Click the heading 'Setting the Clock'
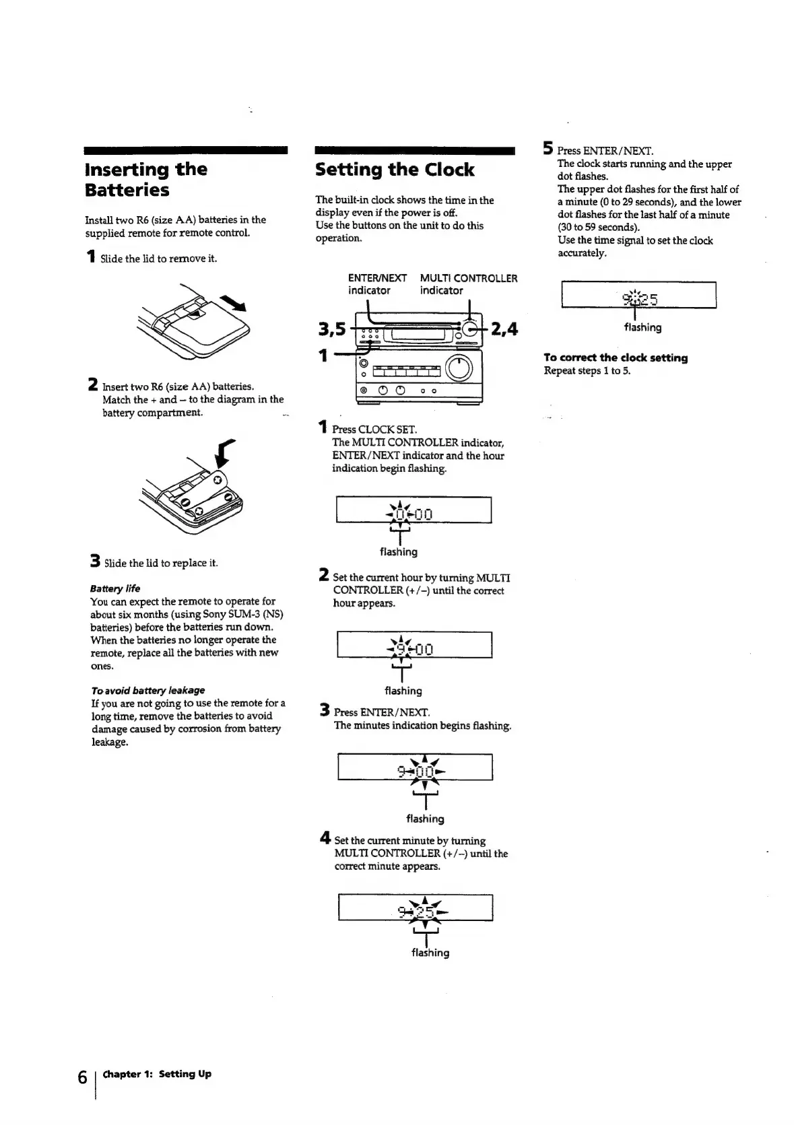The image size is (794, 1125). point(395,170)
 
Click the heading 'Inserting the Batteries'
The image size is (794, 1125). point(146,179)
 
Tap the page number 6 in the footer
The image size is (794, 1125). point(81,1077)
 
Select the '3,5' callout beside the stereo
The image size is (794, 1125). point(331,329)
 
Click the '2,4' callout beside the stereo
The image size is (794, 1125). point(504,329)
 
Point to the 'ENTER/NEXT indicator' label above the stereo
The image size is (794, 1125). point(376,284)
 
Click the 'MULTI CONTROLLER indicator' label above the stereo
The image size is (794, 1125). point(469,284)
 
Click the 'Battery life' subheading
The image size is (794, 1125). point(115,588)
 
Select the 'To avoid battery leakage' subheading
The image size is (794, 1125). point(147,690)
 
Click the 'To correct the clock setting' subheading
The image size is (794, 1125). point(616,357)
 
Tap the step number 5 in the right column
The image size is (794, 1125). point(548,149)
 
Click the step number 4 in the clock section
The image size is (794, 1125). point(325,839)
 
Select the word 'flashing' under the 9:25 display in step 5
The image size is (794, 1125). point(642,327)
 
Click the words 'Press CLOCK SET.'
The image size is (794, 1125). point(374,429)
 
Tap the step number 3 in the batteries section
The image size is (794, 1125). point(96,561)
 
